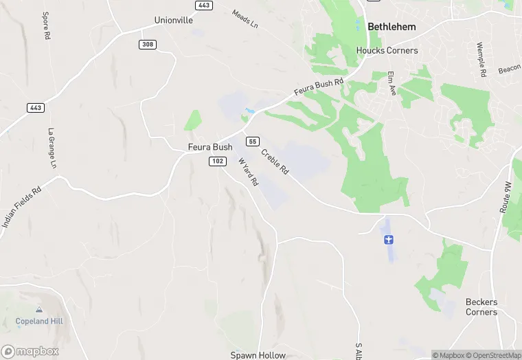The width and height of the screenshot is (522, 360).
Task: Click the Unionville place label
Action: click(x=174, y=20)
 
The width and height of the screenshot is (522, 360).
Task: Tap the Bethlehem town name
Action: click(x=392, y=27)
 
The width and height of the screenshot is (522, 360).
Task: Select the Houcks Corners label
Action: click(x=387, y=50)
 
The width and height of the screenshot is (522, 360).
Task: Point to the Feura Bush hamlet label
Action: click(x=210, y=147)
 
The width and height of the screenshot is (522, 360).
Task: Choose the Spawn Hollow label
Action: click(x=258, y=355)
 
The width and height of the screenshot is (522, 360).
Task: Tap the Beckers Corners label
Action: click(x=481, y=306)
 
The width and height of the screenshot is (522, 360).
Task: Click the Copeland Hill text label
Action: click(x=38, y=322)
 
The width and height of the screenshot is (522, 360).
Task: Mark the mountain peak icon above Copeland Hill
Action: click(x=38, y=310)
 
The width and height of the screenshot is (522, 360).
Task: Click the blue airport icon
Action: click(x=389, y=239)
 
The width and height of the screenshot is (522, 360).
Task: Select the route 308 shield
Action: click(x=147, y=44)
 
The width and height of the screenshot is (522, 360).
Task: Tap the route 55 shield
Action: click(x=253, y=141)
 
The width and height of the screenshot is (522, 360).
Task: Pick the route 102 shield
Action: click(x=218, y=161)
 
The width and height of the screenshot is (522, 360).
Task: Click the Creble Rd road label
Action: click(x=275, y=162)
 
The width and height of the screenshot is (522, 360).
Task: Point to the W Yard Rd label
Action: click(x=248, y=172)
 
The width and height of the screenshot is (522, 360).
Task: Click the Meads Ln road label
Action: click(x=245, y=19)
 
